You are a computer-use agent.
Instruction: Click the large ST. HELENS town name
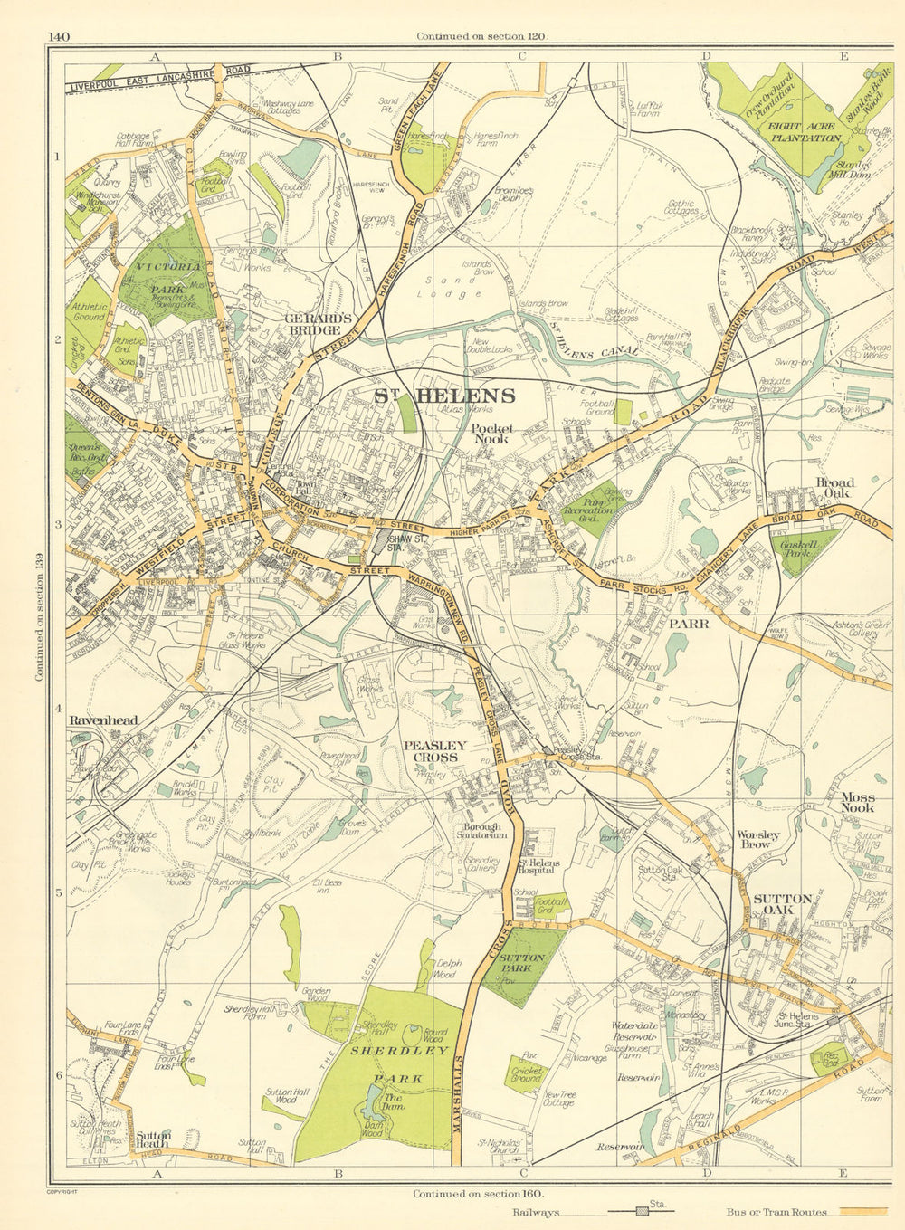point(445,396)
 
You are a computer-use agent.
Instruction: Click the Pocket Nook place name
point(491,434)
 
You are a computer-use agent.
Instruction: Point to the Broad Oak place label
point(834,488)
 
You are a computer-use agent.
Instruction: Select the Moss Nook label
point(857,801)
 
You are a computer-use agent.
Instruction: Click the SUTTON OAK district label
point(782,904)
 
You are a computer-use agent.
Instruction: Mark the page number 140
point(59,37)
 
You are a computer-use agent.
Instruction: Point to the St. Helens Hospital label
point(538,868)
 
